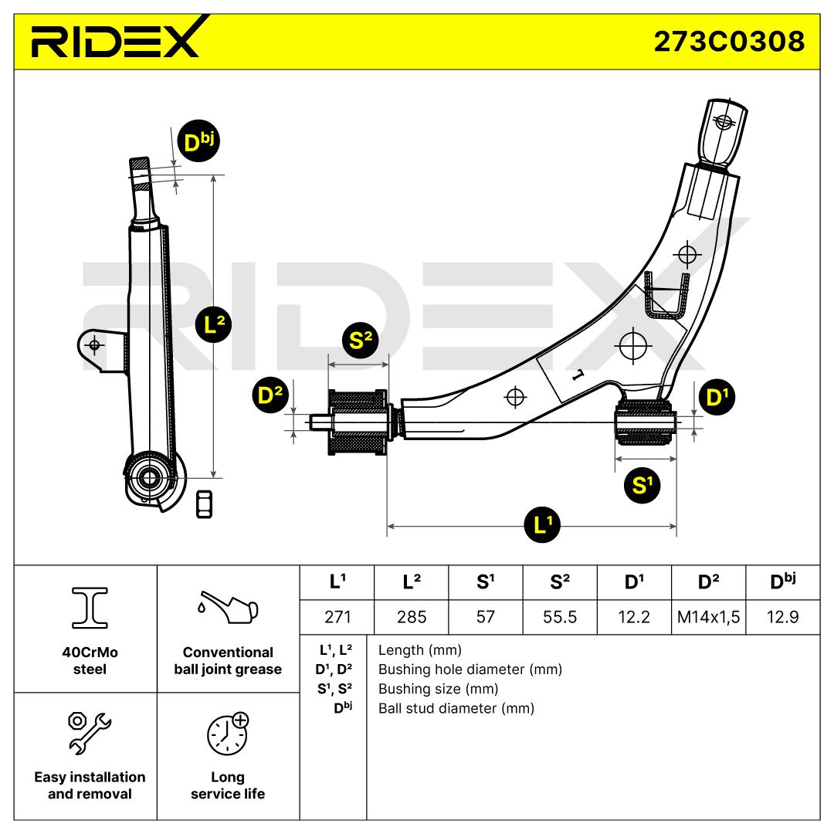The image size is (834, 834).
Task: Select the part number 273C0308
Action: [729, 42]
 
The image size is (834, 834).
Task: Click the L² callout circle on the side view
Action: [214, 324]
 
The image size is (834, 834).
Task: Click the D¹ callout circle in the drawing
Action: [717, 397]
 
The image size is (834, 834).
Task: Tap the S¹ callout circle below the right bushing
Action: [642, 484]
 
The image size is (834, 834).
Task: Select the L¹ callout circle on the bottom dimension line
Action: [542, 525]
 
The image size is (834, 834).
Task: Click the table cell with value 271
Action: [337, 617]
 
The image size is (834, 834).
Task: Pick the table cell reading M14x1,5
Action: [708, 617]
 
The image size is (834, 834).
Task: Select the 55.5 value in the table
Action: [560, 617]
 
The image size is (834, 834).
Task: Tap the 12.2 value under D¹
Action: [634, 617]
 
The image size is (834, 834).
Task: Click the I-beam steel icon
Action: [90, 608]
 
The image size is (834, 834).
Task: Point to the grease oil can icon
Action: [228, 607]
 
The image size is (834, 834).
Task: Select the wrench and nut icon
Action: [90, 732]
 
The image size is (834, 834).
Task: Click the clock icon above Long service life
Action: [228, 734]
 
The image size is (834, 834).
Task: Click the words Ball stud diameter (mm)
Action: [456, 708]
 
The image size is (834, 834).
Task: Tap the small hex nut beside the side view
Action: [204, 503]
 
